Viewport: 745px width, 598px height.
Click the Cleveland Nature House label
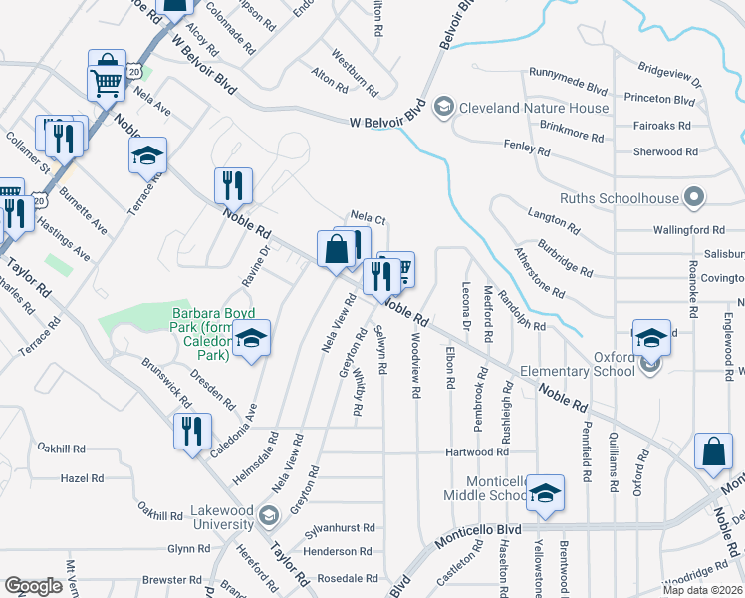pos(535,108)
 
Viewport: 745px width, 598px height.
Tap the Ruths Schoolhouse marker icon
pos(695,198)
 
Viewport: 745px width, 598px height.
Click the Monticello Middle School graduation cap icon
pos(545,492)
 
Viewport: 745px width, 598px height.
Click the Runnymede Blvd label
pos(569,73)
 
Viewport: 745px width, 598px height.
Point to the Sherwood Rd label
pos(665,152)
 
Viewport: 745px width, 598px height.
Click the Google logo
pos(34,586)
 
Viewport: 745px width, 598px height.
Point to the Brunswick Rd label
pos(166,383)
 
